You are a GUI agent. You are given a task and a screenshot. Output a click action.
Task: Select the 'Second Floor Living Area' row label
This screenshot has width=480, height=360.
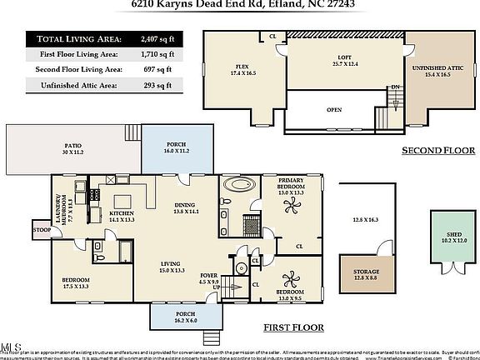(x=73, y=70)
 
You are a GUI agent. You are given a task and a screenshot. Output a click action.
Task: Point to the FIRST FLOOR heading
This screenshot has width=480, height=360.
(x=293, y=327)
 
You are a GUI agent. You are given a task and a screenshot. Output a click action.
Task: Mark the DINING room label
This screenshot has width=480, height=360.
(x=187, y=209)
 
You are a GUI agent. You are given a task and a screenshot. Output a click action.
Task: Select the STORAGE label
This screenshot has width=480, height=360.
(x=367, y=274)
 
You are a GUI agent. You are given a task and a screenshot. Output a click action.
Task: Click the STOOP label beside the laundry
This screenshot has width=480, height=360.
(x=41, y=228)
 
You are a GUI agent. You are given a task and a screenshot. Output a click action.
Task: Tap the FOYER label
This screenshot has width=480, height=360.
(x=209, y=278)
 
